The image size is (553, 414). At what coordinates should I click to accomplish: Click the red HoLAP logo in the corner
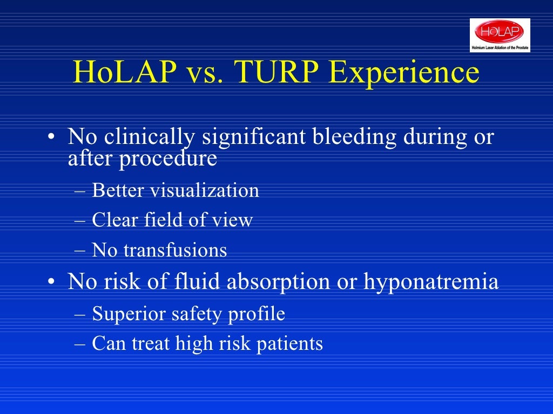click(500, 32)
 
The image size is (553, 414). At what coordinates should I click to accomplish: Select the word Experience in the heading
click(404, 73)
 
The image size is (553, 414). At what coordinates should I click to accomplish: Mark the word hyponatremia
click(431, 282)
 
